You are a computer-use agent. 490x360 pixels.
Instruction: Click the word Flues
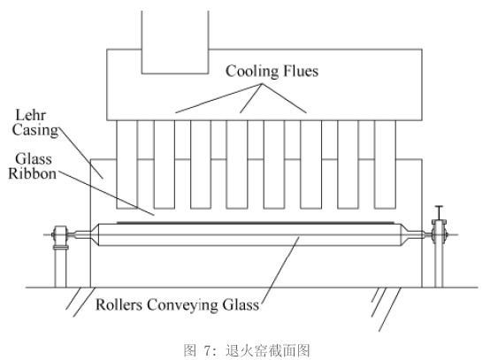click(x=301, y=71)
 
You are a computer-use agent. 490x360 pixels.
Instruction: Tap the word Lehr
click(x=31, y=115)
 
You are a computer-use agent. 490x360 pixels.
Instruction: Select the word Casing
click(x=35, y=130)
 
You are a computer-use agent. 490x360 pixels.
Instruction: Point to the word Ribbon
click(x=33, y=173)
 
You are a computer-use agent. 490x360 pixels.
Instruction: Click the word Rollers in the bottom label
click(x=119, y=304)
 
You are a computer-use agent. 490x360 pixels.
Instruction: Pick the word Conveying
click(x=182, y=305)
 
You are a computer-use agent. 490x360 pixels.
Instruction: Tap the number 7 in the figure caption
click(x=207, y=350)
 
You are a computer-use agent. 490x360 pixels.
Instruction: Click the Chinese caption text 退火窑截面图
click(x=267, y=350)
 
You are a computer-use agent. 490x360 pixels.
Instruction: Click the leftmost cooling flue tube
click(x=126, y=165)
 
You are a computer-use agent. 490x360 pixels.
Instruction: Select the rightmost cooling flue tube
click(x=385, y=165)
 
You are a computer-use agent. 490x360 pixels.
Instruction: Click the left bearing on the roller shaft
click(x=60, y=234)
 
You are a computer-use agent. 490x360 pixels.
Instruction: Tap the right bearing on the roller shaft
click(x=440, y=234)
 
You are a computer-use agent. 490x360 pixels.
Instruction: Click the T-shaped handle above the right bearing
click(x=439, y=213)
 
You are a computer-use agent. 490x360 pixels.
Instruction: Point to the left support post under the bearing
click(x=61, y=267)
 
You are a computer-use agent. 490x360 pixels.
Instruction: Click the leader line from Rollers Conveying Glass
click(x=280, y=270)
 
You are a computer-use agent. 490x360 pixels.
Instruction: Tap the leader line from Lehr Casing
click(x=80, y=153)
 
